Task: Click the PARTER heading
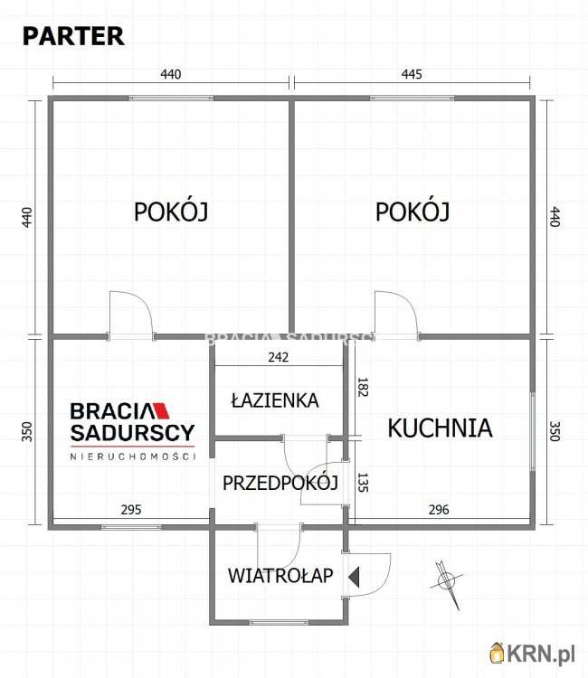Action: click(73, 36)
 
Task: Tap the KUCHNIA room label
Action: click(440, 428)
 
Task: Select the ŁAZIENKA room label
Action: click(274, 400)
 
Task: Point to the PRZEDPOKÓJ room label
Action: click(280, 482)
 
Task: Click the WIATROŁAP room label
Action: click(280, 575)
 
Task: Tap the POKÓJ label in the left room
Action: click(171, 212)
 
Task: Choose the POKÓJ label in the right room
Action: click(413, 212)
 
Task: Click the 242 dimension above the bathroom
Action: click(278, 357)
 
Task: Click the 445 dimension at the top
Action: click(412, 74)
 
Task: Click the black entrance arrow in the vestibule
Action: click(356, 576)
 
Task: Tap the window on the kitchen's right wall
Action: click(533, 430)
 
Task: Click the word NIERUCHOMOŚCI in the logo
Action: click(133, 457)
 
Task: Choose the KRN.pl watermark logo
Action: click(535, 652)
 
